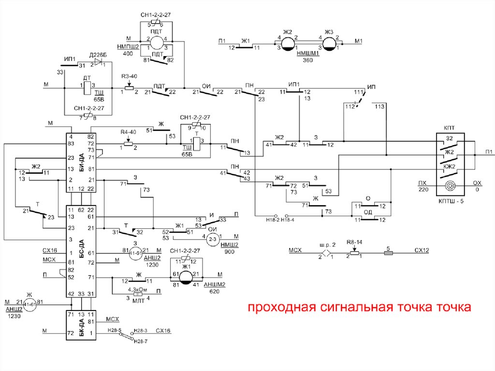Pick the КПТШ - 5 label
[451, 201]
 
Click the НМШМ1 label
[308, 54]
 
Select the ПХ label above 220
[423, 183]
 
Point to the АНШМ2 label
[214, 284]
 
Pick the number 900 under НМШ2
[230, 252]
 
